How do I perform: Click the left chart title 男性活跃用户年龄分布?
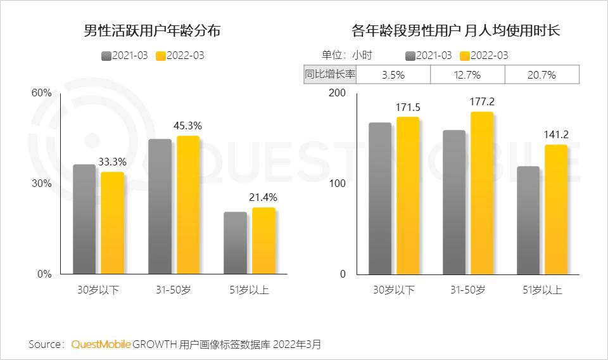coord(152,30)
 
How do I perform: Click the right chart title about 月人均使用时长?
coord(456,30)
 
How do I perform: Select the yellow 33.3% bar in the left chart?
coord(113,223)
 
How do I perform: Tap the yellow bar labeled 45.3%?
coord(188,205)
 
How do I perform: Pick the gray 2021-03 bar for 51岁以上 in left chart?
coord(235,243)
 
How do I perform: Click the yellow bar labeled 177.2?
coord(482,193)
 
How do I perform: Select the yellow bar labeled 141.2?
coord(556,210)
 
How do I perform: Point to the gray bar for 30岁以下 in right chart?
coord(380,198)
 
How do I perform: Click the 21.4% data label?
coord(263,198)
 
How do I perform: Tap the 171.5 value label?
coord(407,108)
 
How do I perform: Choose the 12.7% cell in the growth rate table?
coord(467,75)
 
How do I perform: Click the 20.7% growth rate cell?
coord(542,75)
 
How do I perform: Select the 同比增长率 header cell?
coord(330,74)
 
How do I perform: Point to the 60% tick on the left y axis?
coord(42,93)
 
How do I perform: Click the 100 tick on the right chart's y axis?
coord(337,184)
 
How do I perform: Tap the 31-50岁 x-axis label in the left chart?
coord(174,290)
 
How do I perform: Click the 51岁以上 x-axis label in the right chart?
coord(542,290)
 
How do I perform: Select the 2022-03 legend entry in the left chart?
coord(180,56)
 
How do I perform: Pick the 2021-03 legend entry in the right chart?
coord(429,56)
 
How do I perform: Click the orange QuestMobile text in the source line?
coord(101,344)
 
